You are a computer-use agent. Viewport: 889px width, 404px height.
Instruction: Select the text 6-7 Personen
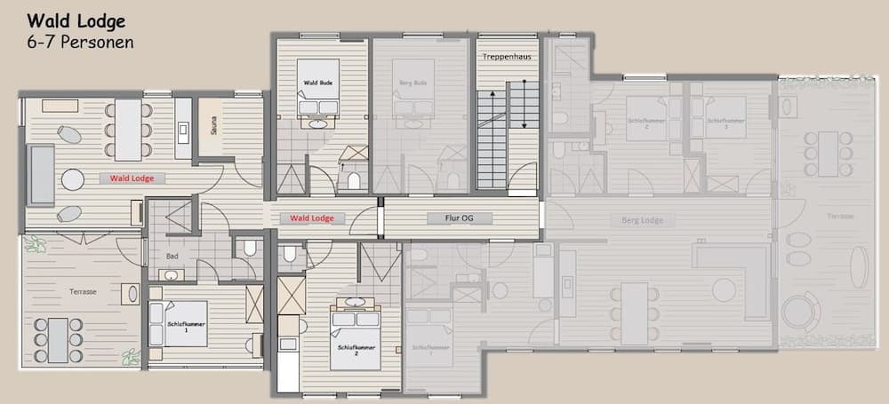(x=80, y=42)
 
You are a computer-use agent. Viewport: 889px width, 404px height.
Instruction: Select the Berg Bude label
(x=413, y=83)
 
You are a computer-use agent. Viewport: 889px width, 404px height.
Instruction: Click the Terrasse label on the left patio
(x=82, y=291)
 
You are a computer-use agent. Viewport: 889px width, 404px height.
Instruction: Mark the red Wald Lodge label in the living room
(x=132, y=178)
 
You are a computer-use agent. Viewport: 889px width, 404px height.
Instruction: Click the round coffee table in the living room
(x=73, y=178)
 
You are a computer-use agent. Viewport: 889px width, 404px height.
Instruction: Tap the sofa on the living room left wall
(x=41, y=174)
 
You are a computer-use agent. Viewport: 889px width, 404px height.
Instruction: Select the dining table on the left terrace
(x=58, y=340)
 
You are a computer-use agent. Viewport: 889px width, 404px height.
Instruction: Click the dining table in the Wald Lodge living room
(x=128, y=130)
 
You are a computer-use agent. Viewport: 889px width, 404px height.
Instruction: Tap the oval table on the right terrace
(x=860, y=266)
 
